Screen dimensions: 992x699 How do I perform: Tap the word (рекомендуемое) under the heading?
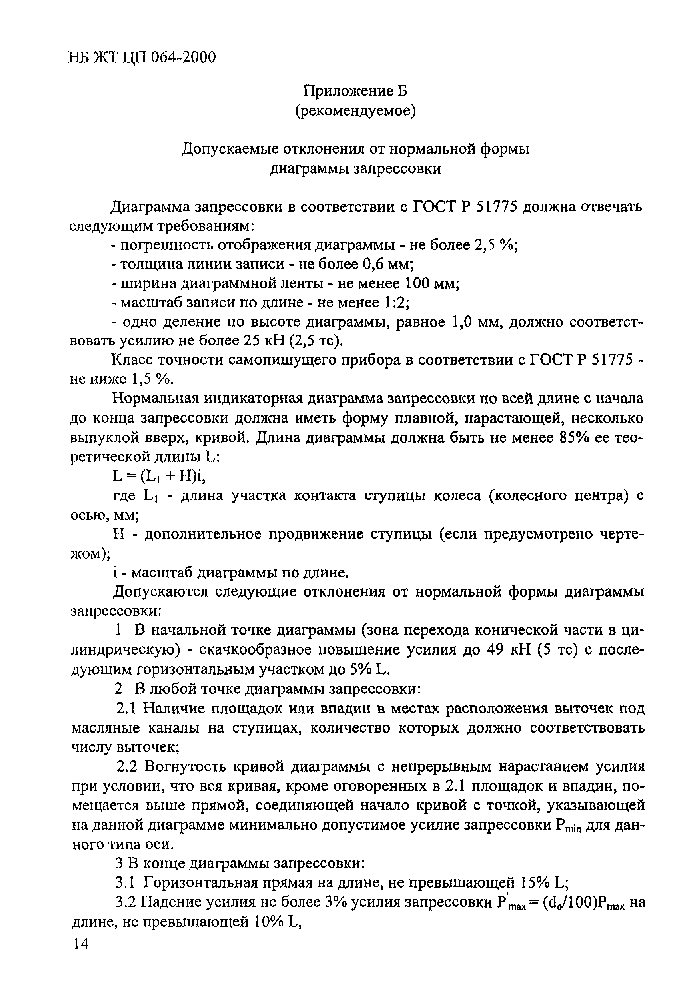pos(355,111)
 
